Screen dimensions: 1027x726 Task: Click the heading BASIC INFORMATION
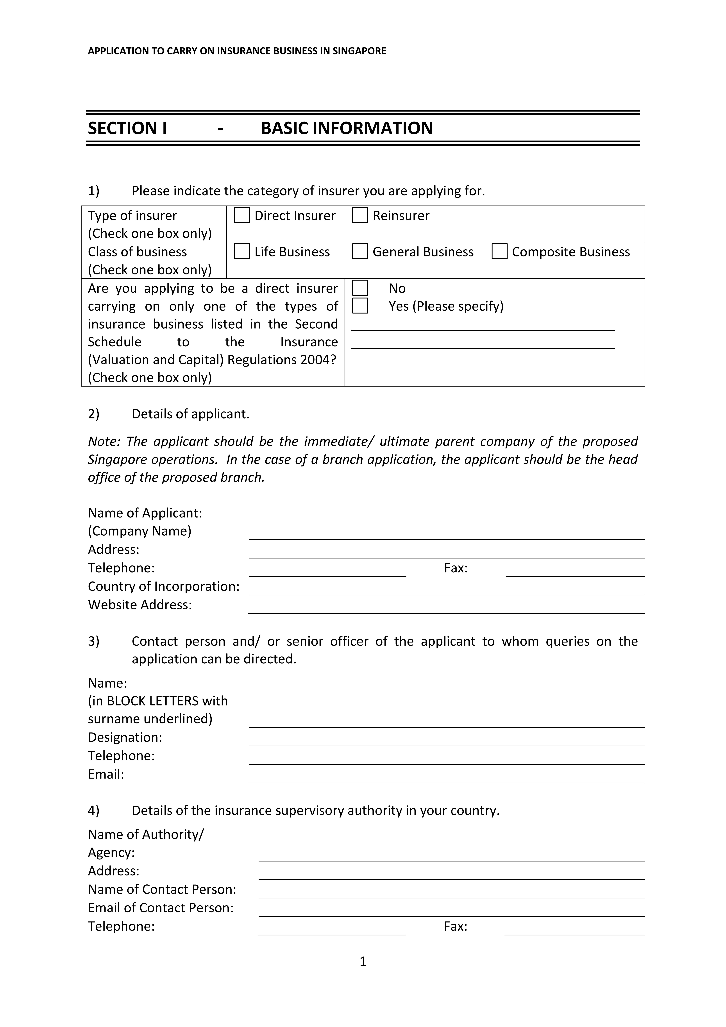coord(347,128)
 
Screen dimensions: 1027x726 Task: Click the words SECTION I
coord(127,128)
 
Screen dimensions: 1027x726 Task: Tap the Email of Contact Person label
coord(161,908)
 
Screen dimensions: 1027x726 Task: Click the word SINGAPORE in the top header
coord(359,51)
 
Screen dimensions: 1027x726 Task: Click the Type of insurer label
coord(132,216)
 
